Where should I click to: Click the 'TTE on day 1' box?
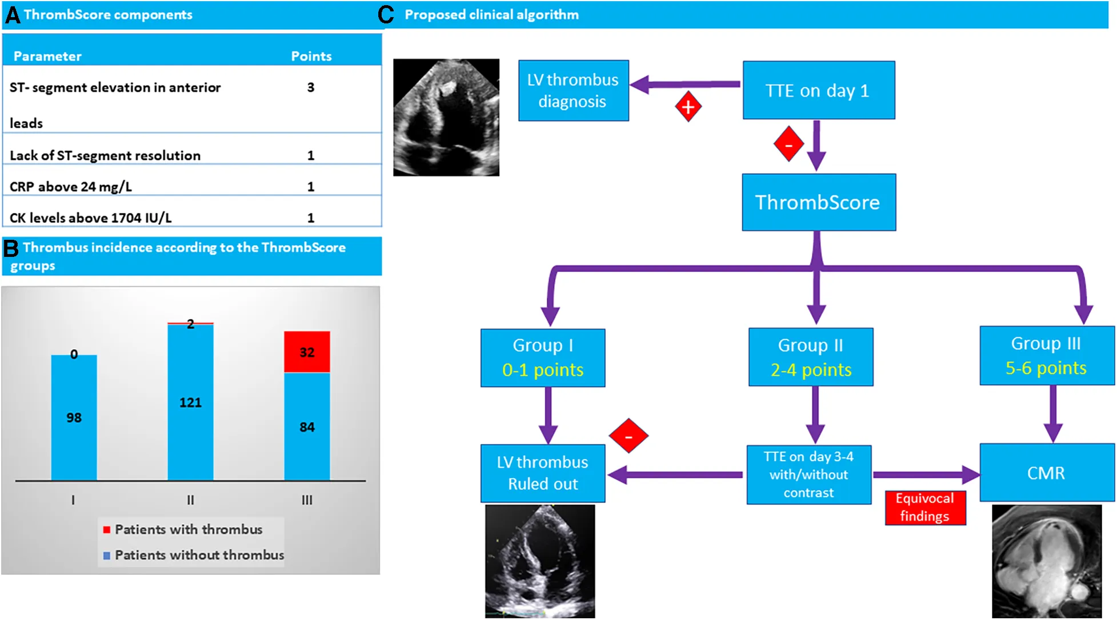click(818, 90)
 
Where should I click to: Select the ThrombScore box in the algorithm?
click(818, 202)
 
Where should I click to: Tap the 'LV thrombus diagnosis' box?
click(573, 90)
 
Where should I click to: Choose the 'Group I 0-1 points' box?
click(542, 358)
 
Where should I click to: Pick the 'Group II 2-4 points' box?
click(811, 357)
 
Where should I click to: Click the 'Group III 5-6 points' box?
click(1047, 356)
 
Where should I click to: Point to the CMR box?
click(1047, 473)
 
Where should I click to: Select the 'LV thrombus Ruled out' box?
click(542, 473)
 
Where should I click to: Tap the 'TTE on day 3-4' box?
click(808, 474)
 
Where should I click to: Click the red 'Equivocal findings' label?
click(925, 508)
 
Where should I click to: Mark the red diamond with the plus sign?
click(688, 107)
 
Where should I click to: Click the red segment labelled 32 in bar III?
click(307, 352)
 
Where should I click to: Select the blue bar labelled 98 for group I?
click(74, 417)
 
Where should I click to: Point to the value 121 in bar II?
click(190, 402)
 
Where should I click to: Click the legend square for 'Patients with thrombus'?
click(106, 530)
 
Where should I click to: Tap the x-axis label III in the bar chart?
click(307, 500)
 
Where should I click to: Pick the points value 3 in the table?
click(311, 87)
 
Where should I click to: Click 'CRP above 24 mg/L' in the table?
click(71, 187)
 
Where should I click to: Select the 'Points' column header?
click(311, 56)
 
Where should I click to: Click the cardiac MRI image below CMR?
click(1047, 561)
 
